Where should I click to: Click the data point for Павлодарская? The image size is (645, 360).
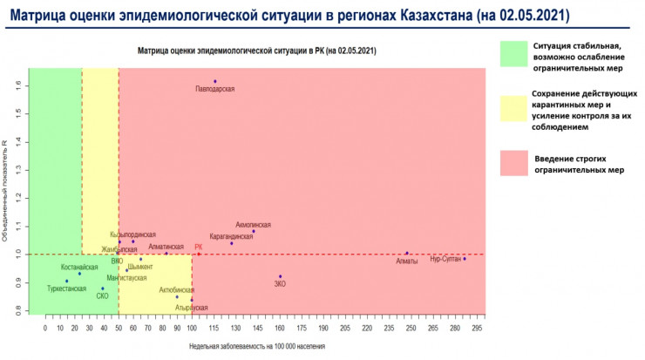point(214,81)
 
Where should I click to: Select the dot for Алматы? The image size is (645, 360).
point(406,253)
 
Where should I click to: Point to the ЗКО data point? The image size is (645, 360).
point(280,276)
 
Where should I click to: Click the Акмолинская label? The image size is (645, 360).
point(253,225)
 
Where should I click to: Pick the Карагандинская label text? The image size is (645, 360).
point(231,236)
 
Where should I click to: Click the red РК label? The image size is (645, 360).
point(199,247)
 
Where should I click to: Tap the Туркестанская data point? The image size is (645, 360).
point(66,281)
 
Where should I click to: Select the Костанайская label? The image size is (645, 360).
point(79,267)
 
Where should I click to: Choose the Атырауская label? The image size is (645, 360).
point(191,308)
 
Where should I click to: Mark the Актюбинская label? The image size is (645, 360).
point(177,289)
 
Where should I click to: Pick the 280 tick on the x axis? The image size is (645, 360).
point(453,328)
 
